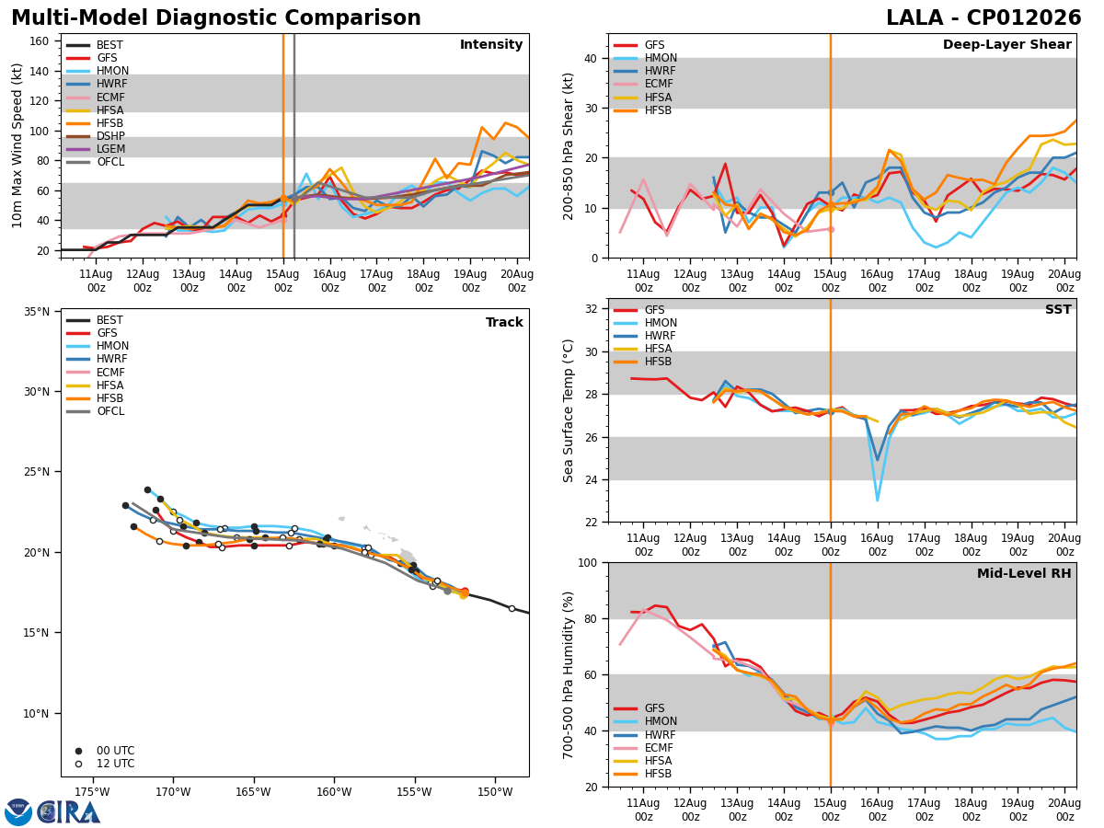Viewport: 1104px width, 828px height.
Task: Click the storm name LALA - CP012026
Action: (983, 17)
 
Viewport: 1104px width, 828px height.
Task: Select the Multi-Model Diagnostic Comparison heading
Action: (216, 18)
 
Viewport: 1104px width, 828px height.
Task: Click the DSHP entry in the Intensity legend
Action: (110, 136)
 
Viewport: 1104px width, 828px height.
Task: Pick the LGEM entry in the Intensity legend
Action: (110, 149)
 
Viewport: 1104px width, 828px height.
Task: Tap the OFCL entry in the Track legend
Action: (110, 411)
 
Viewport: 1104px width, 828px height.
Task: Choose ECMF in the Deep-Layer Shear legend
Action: (659, 84)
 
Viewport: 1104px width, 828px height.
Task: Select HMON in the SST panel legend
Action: (661, 323)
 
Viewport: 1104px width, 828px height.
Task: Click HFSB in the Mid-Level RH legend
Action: (658, 774)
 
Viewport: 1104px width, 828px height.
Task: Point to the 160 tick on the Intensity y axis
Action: (40, 41)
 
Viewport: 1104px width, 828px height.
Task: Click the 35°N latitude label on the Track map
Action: (37, 312)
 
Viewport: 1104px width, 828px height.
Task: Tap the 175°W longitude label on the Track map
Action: (93, 793)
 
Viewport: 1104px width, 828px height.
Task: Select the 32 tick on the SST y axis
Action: (592, 309)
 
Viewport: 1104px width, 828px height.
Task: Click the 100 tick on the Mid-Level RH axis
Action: (589, 563)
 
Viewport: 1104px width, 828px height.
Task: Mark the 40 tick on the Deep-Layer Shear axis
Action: (592, 59)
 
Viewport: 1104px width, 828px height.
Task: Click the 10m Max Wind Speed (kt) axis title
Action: (17, 145)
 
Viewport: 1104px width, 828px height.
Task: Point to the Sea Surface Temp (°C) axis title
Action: (569, 411)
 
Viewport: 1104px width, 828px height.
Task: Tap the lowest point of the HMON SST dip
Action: (877, 500)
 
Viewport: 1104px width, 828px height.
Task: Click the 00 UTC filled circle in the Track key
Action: (78, 751)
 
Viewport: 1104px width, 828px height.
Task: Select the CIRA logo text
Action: (68, 812)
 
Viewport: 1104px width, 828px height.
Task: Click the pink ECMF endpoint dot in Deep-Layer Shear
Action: (831, 230)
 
